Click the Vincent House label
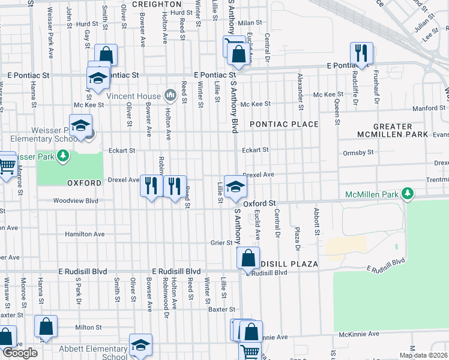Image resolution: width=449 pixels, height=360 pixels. pyautogui.click(x=133, y=96)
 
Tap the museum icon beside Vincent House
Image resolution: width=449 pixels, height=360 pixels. pyautogui.click(x=170, y=95)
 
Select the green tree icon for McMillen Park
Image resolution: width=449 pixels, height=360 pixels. pyautogui.click(x=408, y=193)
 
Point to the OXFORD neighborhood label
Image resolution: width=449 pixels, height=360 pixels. pyautogui.click(x=83, y=182)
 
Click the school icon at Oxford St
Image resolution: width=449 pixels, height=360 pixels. pyautogui.click(x=235, y=186)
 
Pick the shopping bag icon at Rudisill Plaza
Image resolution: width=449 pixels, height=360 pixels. pyautogui.click(x=248, y=259)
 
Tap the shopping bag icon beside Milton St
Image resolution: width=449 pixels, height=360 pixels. pyautogui.click(x=46, y=327)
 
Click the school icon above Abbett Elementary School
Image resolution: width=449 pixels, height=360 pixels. pyautogui.click(x=140, y=345)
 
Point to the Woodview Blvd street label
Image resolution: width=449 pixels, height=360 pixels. pyautogui.click(x=75, y=201)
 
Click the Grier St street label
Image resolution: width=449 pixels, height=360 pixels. pyautogui.click(x=221, y=242)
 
